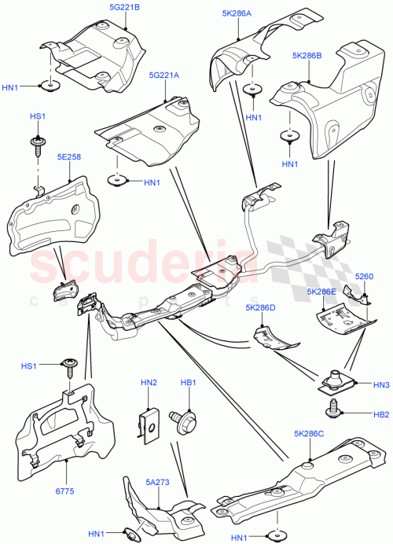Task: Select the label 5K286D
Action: [261, 307]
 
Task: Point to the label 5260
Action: [364, 277]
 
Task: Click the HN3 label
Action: [381, 385]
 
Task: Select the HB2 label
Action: [381, 414]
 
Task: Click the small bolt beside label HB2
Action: [336, 407]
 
